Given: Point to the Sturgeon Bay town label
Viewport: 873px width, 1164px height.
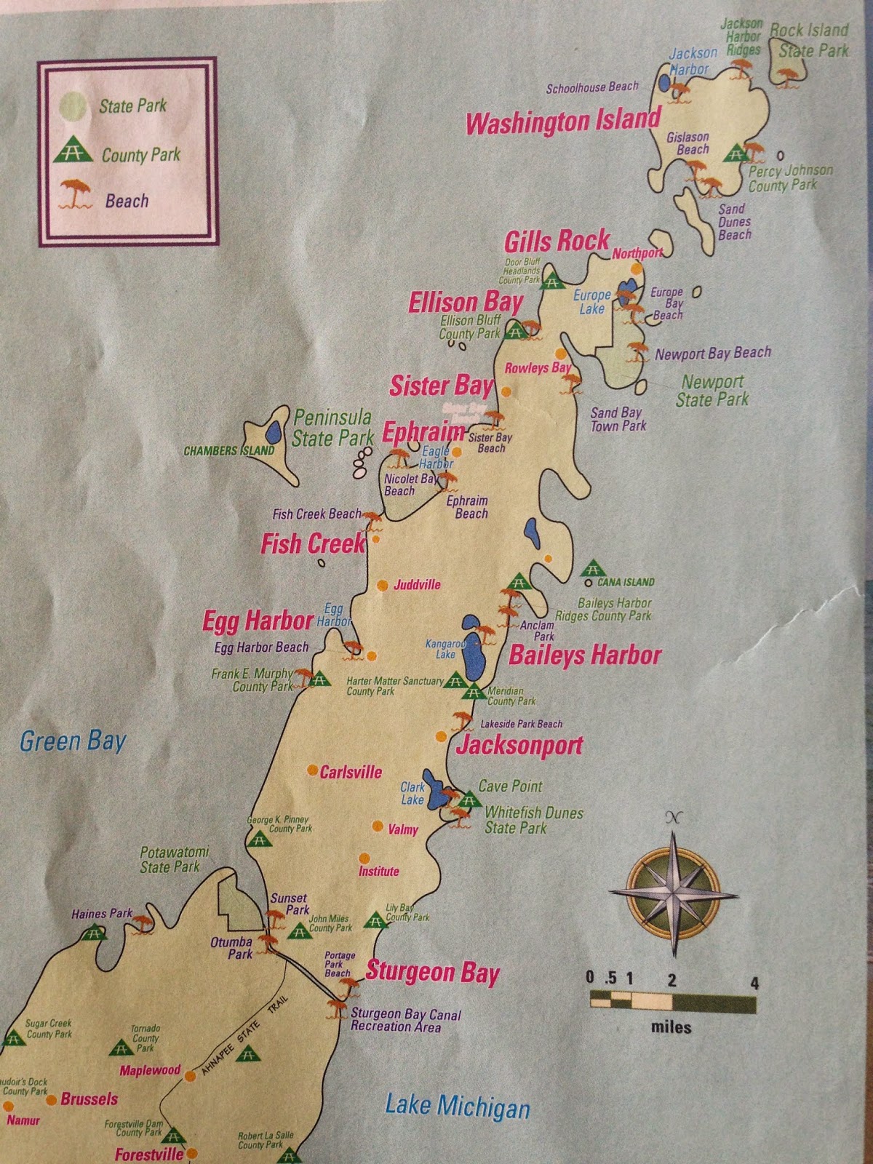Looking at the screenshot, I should pyautogui.click(x=432, y=973).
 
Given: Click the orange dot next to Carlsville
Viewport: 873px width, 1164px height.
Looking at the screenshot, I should pyautogui.click(x=312, y=770).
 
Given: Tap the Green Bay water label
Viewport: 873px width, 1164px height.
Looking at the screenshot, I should pyautogui.click(x=73, y=741).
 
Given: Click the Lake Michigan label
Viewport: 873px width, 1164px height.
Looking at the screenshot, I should pyautogui.click(x=457, y=1107).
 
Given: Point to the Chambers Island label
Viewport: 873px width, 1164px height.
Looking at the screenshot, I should pyautogui.click(x=228, y=450).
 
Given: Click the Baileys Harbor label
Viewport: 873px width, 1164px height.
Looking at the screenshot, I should pyautogui.click(x=584, y=655).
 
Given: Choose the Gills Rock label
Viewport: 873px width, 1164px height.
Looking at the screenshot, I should pyautogui.click(x=557, y=241).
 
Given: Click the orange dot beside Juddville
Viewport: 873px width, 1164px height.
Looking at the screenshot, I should pyautogui.click(x=382, y=585).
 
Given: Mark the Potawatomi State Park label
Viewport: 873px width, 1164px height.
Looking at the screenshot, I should pyautogui.click(x=170, y=859).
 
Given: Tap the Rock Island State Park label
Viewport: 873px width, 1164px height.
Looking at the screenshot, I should pyautogui.click(x=811, y=40).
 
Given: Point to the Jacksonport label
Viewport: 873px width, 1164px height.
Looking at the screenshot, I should pyautogui.click(x=519, y=746).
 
